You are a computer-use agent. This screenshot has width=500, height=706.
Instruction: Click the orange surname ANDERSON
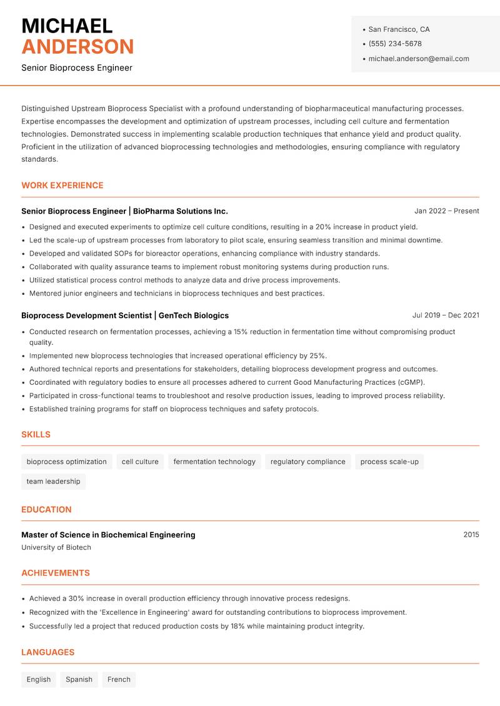(77, 47)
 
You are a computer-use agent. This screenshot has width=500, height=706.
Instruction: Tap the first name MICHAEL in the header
(67, 26)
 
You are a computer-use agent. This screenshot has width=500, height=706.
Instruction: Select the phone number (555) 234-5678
(395, 44)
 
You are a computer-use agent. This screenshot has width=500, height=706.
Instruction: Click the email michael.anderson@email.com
(419, 59)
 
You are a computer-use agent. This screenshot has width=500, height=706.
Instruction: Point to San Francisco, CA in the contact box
(399, 29)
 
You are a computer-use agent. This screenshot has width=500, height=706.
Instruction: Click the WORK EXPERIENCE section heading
(62, 186)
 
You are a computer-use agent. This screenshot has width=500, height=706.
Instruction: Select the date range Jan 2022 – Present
(446, 211)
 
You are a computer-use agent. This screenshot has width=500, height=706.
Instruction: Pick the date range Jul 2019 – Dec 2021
(446, 316)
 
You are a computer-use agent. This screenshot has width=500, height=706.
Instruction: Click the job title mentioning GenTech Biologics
(125, 316)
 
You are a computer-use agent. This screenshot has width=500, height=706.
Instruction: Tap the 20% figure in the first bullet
(324, 227)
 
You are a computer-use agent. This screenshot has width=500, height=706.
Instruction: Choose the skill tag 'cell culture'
(140, 462)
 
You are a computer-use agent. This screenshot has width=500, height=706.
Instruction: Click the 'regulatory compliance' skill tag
(307, 462)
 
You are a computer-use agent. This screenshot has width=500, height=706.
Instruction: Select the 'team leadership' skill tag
(53, 481)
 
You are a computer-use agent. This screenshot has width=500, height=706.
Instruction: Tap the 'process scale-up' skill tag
(389, 462)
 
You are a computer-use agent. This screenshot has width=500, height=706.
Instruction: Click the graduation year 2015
(471, 535)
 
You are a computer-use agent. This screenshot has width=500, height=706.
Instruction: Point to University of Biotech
(56, 547)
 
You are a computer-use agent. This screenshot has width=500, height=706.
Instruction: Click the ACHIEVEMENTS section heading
(56, 573)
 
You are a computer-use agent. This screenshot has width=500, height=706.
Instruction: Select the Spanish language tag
(79, 679)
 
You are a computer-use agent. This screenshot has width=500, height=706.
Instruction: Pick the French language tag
(119, 679)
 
